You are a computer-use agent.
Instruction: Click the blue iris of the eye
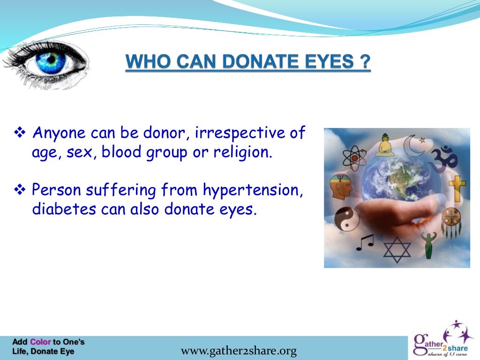(x=51, y=62)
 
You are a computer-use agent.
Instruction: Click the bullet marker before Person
(x=20, y=190)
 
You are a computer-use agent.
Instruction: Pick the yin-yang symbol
(x=346, y=218)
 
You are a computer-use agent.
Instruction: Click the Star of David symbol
(x=397, y=249)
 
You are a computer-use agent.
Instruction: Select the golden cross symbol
(x=457, y=187)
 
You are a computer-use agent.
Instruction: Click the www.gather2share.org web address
(x=239, y=351)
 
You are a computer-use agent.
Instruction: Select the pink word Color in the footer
(x=40, y=342)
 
